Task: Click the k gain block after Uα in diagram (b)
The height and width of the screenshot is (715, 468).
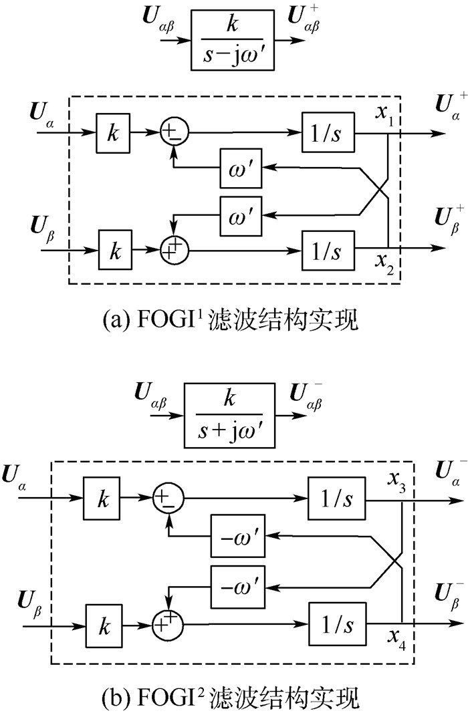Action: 104,499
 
